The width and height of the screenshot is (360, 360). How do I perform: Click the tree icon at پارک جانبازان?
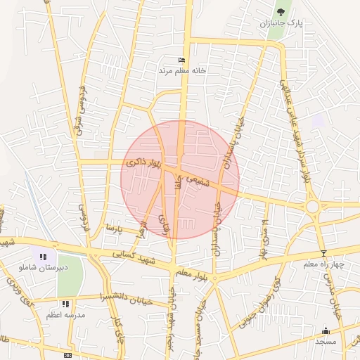pos(281,12)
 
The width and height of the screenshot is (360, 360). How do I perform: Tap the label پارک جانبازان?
pos(281,24)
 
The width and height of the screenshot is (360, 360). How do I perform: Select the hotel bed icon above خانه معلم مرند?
pos(182,60)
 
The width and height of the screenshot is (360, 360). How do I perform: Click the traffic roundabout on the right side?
pos(312,207)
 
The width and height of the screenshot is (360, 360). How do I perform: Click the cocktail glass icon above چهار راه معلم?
pos(323,253)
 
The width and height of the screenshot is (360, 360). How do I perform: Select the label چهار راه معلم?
pos(323,264)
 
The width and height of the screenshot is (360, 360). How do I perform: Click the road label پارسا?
pos(114,229)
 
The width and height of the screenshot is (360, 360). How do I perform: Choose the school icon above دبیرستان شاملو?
pos(44,257)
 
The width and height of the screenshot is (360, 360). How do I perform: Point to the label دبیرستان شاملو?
pos(44,268)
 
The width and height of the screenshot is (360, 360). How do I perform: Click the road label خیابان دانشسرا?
pos(125,295)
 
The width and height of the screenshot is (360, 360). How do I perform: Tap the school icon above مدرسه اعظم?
pos(65,304)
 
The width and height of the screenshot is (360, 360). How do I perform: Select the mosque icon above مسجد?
pos(326,330)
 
